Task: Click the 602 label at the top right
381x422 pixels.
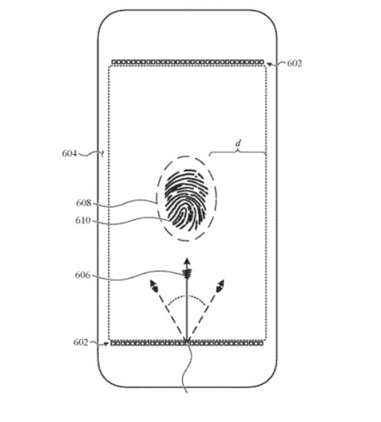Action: click(294, 63)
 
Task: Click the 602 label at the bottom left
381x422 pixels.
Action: click(80, 342)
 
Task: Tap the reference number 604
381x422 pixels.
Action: click(69, 153)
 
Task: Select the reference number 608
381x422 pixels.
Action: click(84, 203)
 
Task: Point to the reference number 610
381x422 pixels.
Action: click(83, 221)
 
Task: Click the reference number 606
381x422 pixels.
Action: click(83, 275)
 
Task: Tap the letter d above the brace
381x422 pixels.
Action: click(238, 144)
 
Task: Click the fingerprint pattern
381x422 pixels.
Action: click(186, 200)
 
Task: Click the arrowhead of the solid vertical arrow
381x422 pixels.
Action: click(187, 261)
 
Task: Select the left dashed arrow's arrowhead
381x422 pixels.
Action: click(153, 285)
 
